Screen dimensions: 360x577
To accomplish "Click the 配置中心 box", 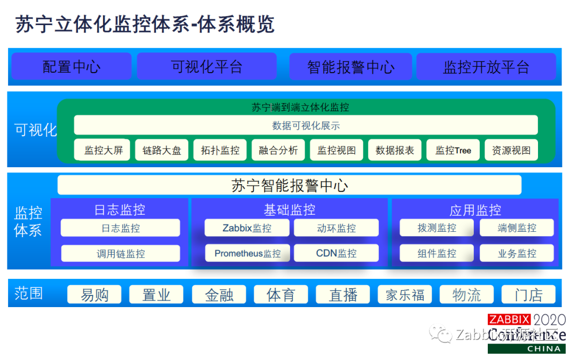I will point(72,67).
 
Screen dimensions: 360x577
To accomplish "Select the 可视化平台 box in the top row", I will point(207,67).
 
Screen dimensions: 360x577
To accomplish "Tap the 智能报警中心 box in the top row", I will point(350,67).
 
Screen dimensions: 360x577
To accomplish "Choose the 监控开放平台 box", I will point(486,67).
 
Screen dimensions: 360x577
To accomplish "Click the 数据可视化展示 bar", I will point(306,126).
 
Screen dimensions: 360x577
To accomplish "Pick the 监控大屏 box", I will point(103,151).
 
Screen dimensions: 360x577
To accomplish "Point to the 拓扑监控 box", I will point(220,151).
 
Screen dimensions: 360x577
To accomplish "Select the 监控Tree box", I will point(453,151).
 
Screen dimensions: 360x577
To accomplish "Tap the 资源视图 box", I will point(511,151).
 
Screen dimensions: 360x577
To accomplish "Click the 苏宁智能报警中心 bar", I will point(290,185).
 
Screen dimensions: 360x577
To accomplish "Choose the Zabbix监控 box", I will point(247,228).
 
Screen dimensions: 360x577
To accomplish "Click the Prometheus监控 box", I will point(247,253).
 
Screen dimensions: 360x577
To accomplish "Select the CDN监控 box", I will point(336,253).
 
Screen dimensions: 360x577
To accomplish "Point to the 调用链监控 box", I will point(120,254).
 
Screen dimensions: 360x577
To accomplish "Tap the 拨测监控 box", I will point(436,228).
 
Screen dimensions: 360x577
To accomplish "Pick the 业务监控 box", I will point(517,254).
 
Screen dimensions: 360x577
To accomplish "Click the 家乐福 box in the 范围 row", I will point(405,295).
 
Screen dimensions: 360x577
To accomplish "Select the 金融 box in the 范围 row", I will point(219,295).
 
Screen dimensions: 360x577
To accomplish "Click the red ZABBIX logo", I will point(509,320).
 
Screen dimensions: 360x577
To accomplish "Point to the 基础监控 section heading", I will point(289,210).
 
